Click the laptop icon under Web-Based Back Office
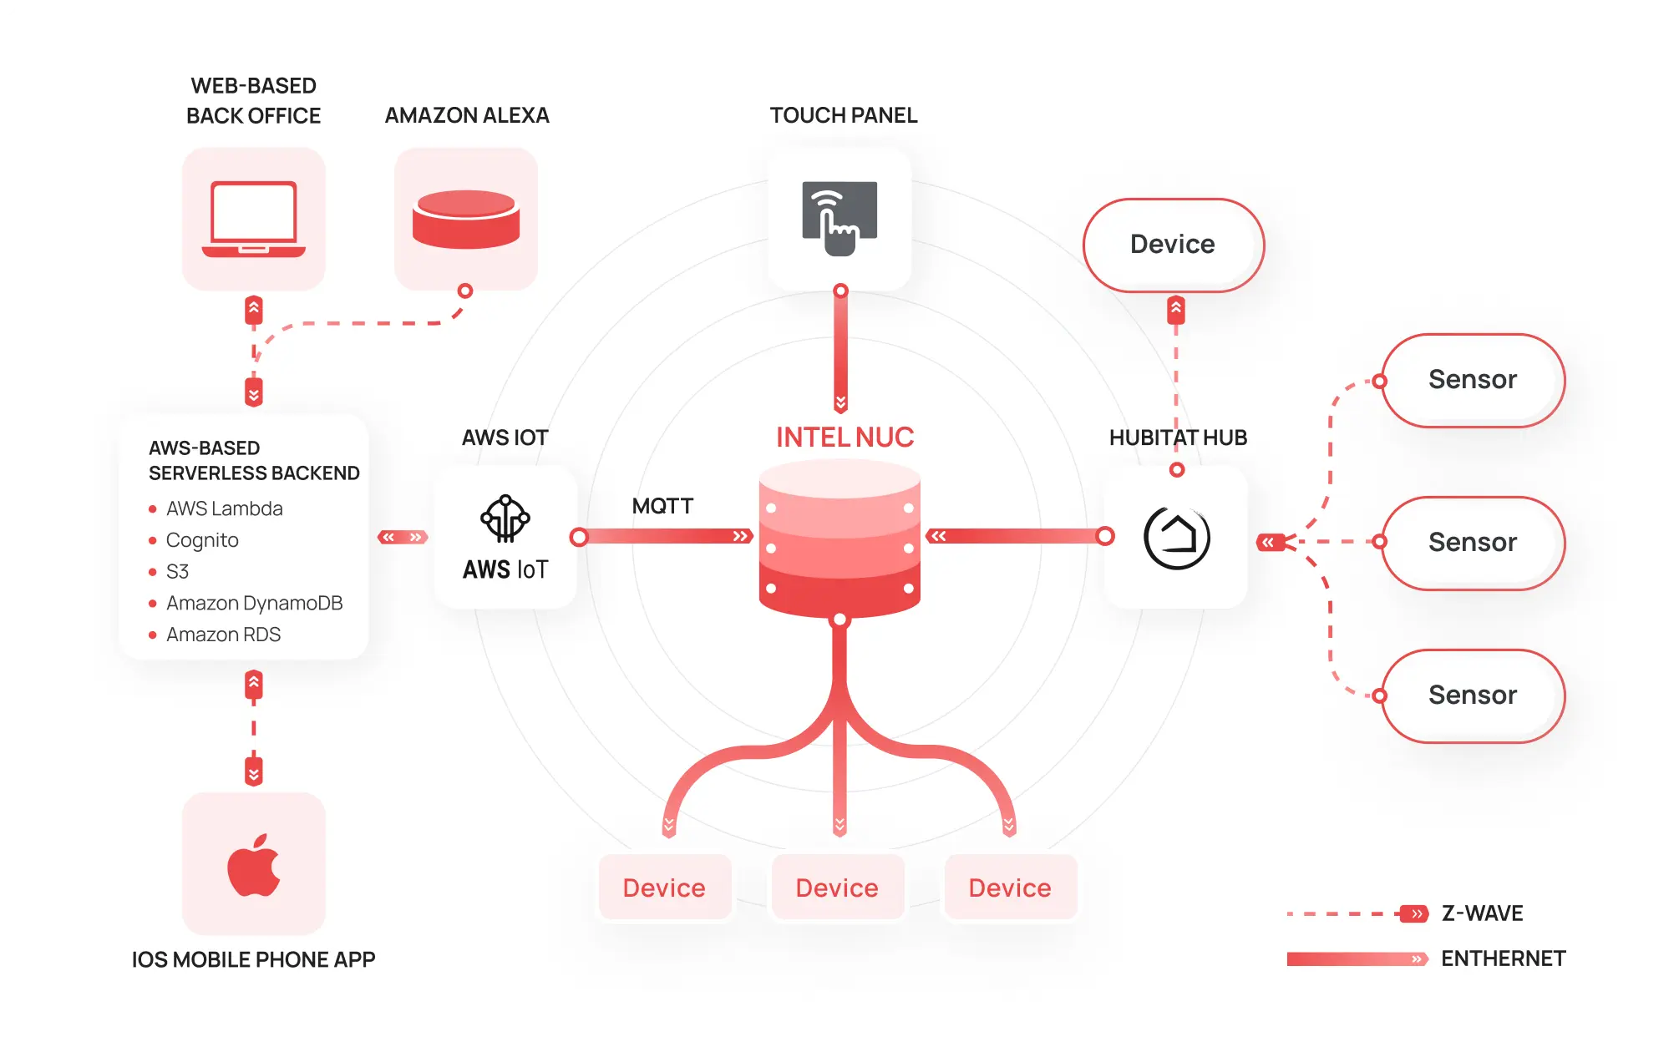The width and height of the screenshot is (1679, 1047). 254,219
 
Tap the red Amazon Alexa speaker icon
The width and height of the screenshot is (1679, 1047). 466,219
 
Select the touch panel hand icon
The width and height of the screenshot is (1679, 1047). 839,219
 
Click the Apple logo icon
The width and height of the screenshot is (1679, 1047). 254,865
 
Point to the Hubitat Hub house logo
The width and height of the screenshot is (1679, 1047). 1176,538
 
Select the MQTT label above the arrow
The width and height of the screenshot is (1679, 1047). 662,506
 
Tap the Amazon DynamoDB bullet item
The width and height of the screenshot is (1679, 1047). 254,603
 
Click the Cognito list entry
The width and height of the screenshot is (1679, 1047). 202,540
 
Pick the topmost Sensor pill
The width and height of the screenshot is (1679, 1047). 1472,380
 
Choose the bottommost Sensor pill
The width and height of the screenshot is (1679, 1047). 1472,695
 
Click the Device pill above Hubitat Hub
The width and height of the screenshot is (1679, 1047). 1173,245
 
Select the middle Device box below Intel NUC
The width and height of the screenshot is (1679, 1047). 837,888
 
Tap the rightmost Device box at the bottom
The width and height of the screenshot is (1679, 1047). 1010,888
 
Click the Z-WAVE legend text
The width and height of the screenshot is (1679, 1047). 1482,913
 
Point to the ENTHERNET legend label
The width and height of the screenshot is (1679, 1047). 1503,958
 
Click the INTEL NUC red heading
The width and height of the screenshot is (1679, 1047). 845,438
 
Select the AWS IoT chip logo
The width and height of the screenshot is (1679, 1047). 505,518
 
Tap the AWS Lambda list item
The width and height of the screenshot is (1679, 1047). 224,508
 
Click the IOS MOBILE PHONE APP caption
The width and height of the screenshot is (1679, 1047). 253,959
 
